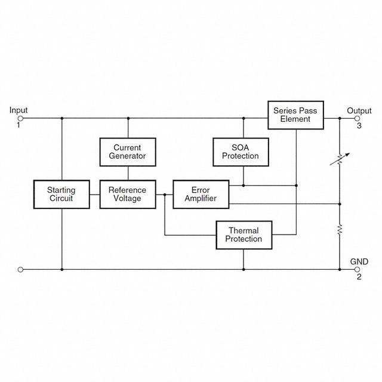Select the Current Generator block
[x=127, y=152]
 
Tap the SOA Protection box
[x=241, y=152]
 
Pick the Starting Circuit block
[x=61, y=194]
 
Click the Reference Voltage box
[x=127, y=194]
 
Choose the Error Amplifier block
[x=201, y=194]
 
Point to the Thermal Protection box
[x=244, y=235]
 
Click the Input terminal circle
[x=21, y=118]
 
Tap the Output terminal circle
[x=358, y=118]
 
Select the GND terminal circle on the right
[x=358, y=269]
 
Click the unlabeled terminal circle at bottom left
[x=21, y=269]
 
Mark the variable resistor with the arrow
[x=340, y=160]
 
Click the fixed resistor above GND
[x=340, y=229]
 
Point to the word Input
[x=19, y=110]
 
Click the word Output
[x=359, y=110]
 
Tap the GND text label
[x=359, y=261]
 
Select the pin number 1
[x=19, y=125]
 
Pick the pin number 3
[x=359, y=126]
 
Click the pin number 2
[x=359, y=277]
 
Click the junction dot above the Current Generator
[x=127, y=118]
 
